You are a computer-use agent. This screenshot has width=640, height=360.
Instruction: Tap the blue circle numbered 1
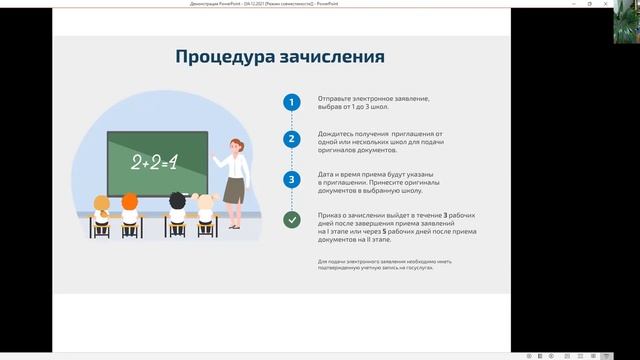[x=291, y=102]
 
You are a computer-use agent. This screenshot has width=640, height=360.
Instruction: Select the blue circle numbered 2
[x=291, y=140]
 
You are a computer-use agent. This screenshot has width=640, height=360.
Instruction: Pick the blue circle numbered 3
[x=291, y=180]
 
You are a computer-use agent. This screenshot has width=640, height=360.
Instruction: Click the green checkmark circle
[x=291, y=220]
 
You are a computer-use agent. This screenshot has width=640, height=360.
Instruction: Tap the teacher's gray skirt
[x=235, y=190]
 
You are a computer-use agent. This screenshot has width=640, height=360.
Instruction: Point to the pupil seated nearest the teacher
[x=206, y=208]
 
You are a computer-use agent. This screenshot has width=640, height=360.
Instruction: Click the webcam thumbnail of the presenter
[x=626, y=20]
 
